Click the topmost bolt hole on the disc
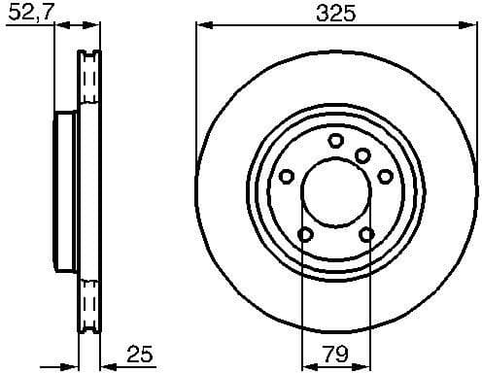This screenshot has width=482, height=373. pyautogui.click(x=336, y=141)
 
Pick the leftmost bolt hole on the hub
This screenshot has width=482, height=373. pyautogui.click(x=287, y=177)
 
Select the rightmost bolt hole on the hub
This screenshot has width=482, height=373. pyautogui.click(x=386, y=176)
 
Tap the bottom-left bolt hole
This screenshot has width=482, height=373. pyautogui.click(x=305, y=234)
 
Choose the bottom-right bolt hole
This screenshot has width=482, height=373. pyautogui.click(x=366, y=234)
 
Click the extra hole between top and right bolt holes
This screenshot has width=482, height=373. pyautogui.click(x=362, y=155)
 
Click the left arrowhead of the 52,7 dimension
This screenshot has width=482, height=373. pyautogui.click(x=57, y=26)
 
